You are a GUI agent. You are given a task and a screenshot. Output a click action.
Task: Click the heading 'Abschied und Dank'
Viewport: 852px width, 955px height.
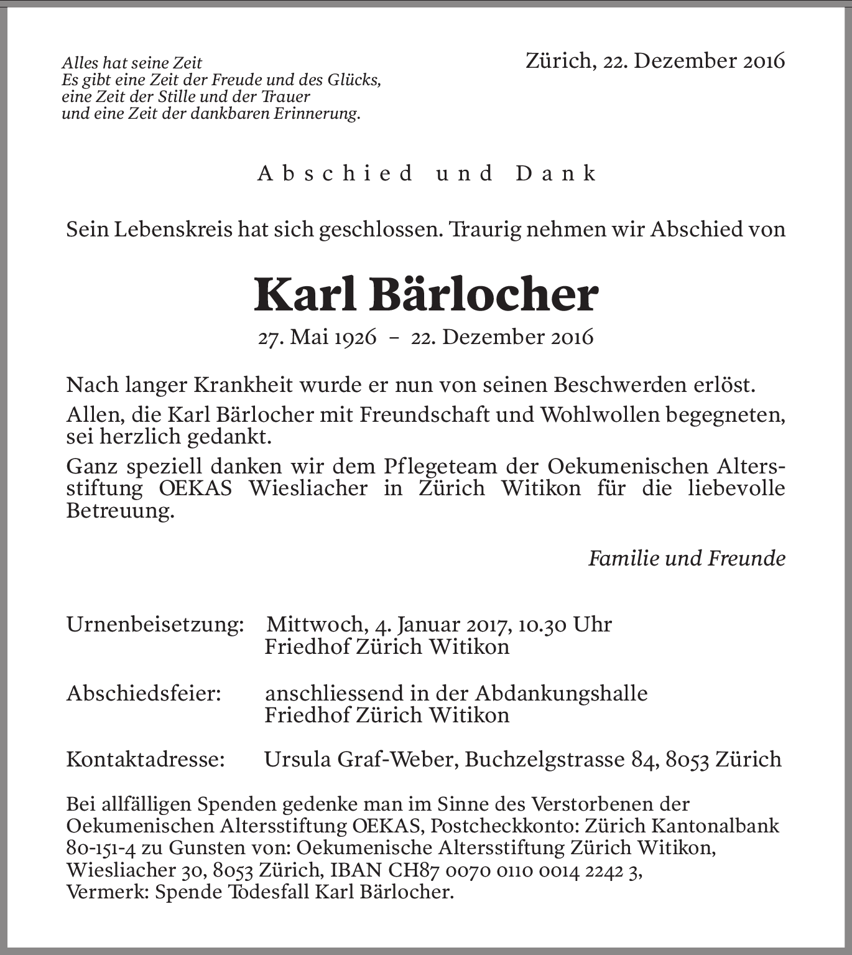coord(427,173)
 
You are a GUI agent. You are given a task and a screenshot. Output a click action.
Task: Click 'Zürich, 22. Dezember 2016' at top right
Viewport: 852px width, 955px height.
coord(655,60)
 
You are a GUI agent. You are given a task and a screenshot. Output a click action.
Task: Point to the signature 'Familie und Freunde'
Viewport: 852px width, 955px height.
coord(687,558)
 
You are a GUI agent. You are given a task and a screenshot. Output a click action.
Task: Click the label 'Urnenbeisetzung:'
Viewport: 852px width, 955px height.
coord(155,624)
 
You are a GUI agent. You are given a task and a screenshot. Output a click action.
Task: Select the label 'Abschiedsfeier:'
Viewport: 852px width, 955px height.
coord(144,692)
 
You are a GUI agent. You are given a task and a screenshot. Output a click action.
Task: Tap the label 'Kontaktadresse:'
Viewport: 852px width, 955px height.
coord(146,759)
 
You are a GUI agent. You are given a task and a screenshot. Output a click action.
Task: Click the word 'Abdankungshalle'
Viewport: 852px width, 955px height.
coord(562,692)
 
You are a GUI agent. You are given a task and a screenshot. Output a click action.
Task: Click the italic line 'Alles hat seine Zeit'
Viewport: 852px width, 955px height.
coord(132,63)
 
